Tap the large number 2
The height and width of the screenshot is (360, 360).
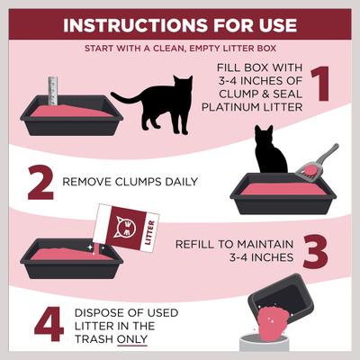[40, 183]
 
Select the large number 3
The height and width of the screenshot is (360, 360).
[315, 251]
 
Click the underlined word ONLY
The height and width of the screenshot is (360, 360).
[130, 341]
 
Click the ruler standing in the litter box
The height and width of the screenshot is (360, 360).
[53, 92]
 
